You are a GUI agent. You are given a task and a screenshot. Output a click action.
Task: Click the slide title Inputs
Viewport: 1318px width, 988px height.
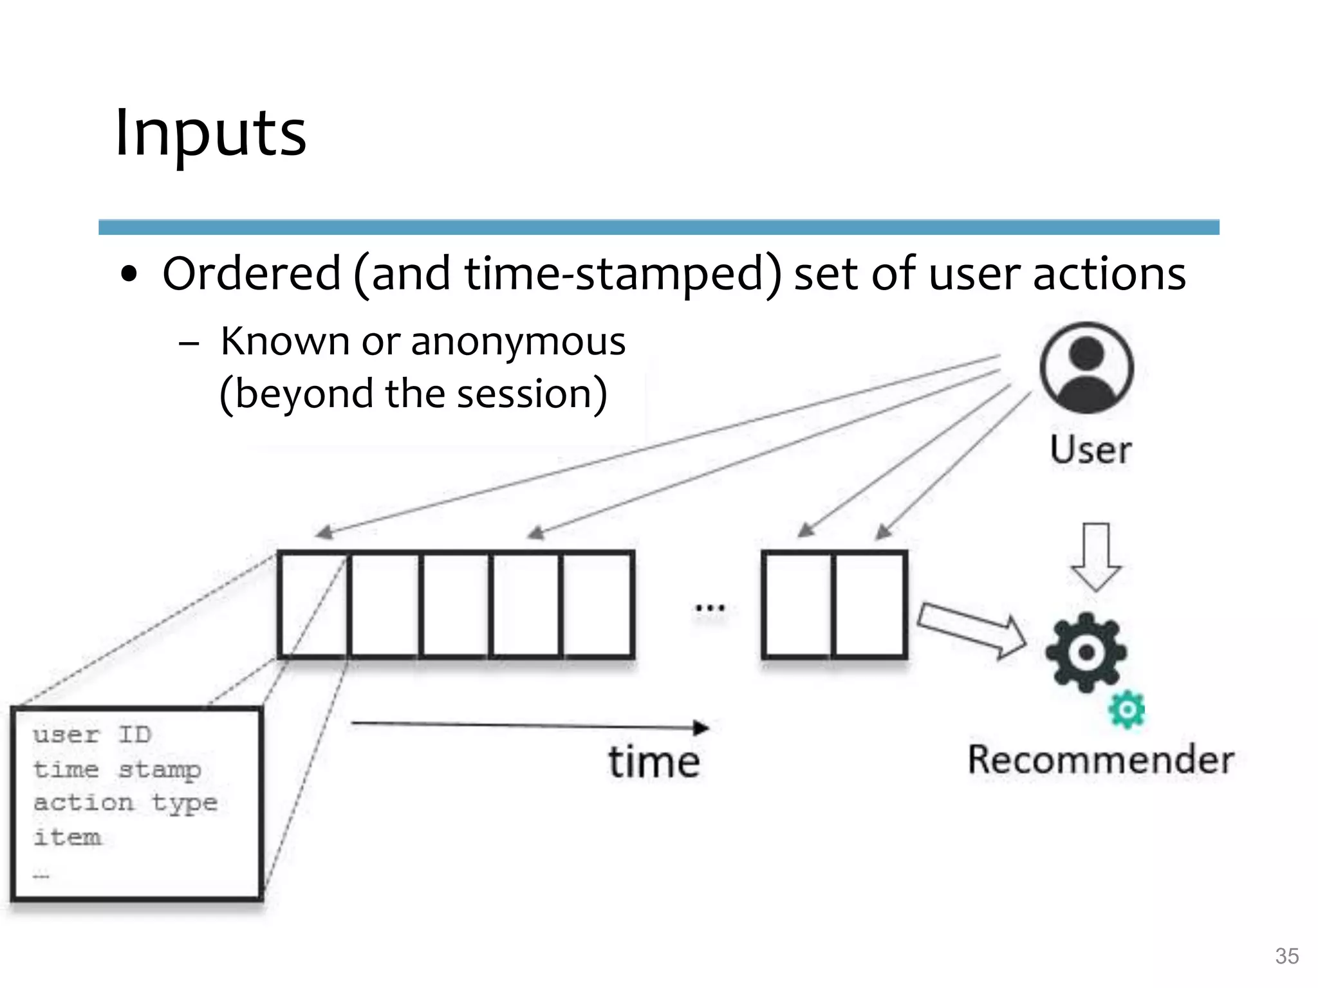210,133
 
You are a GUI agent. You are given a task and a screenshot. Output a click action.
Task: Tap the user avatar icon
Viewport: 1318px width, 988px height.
1086,368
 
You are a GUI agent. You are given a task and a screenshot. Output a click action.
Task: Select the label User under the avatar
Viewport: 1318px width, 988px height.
1090,450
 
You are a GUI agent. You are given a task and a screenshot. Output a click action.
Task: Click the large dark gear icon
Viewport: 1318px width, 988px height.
1086,652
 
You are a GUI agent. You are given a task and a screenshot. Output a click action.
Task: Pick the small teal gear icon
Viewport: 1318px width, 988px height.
1127,710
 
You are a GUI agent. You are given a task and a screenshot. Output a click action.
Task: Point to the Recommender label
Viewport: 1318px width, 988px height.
1101,760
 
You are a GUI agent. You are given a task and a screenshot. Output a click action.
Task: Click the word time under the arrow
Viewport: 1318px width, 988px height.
654,762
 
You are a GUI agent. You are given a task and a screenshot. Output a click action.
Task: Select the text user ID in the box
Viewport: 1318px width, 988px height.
92,735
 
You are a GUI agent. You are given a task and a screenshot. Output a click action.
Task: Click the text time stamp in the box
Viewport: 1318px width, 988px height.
117,769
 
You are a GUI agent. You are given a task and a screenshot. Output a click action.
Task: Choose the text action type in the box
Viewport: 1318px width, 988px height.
125,803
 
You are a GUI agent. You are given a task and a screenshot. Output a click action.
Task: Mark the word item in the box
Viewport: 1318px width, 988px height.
67,837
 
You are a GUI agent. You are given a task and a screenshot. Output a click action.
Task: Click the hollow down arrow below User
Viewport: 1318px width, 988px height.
1095,557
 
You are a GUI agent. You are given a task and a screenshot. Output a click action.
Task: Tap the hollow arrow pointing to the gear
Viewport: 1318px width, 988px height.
972,631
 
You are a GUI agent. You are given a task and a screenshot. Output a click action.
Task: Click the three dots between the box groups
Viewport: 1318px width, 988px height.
710,607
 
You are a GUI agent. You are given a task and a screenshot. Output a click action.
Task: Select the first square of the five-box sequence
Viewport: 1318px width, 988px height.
314,604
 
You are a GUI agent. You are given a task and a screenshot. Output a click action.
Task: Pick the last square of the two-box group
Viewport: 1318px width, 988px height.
869,604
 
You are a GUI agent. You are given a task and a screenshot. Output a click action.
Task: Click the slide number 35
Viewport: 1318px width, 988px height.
1286,956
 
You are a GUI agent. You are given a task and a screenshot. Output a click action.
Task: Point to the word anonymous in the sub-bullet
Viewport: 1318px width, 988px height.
518,342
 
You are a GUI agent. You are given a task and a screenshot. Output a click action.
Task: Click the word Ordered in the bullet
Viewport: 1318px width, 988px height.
252,274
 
